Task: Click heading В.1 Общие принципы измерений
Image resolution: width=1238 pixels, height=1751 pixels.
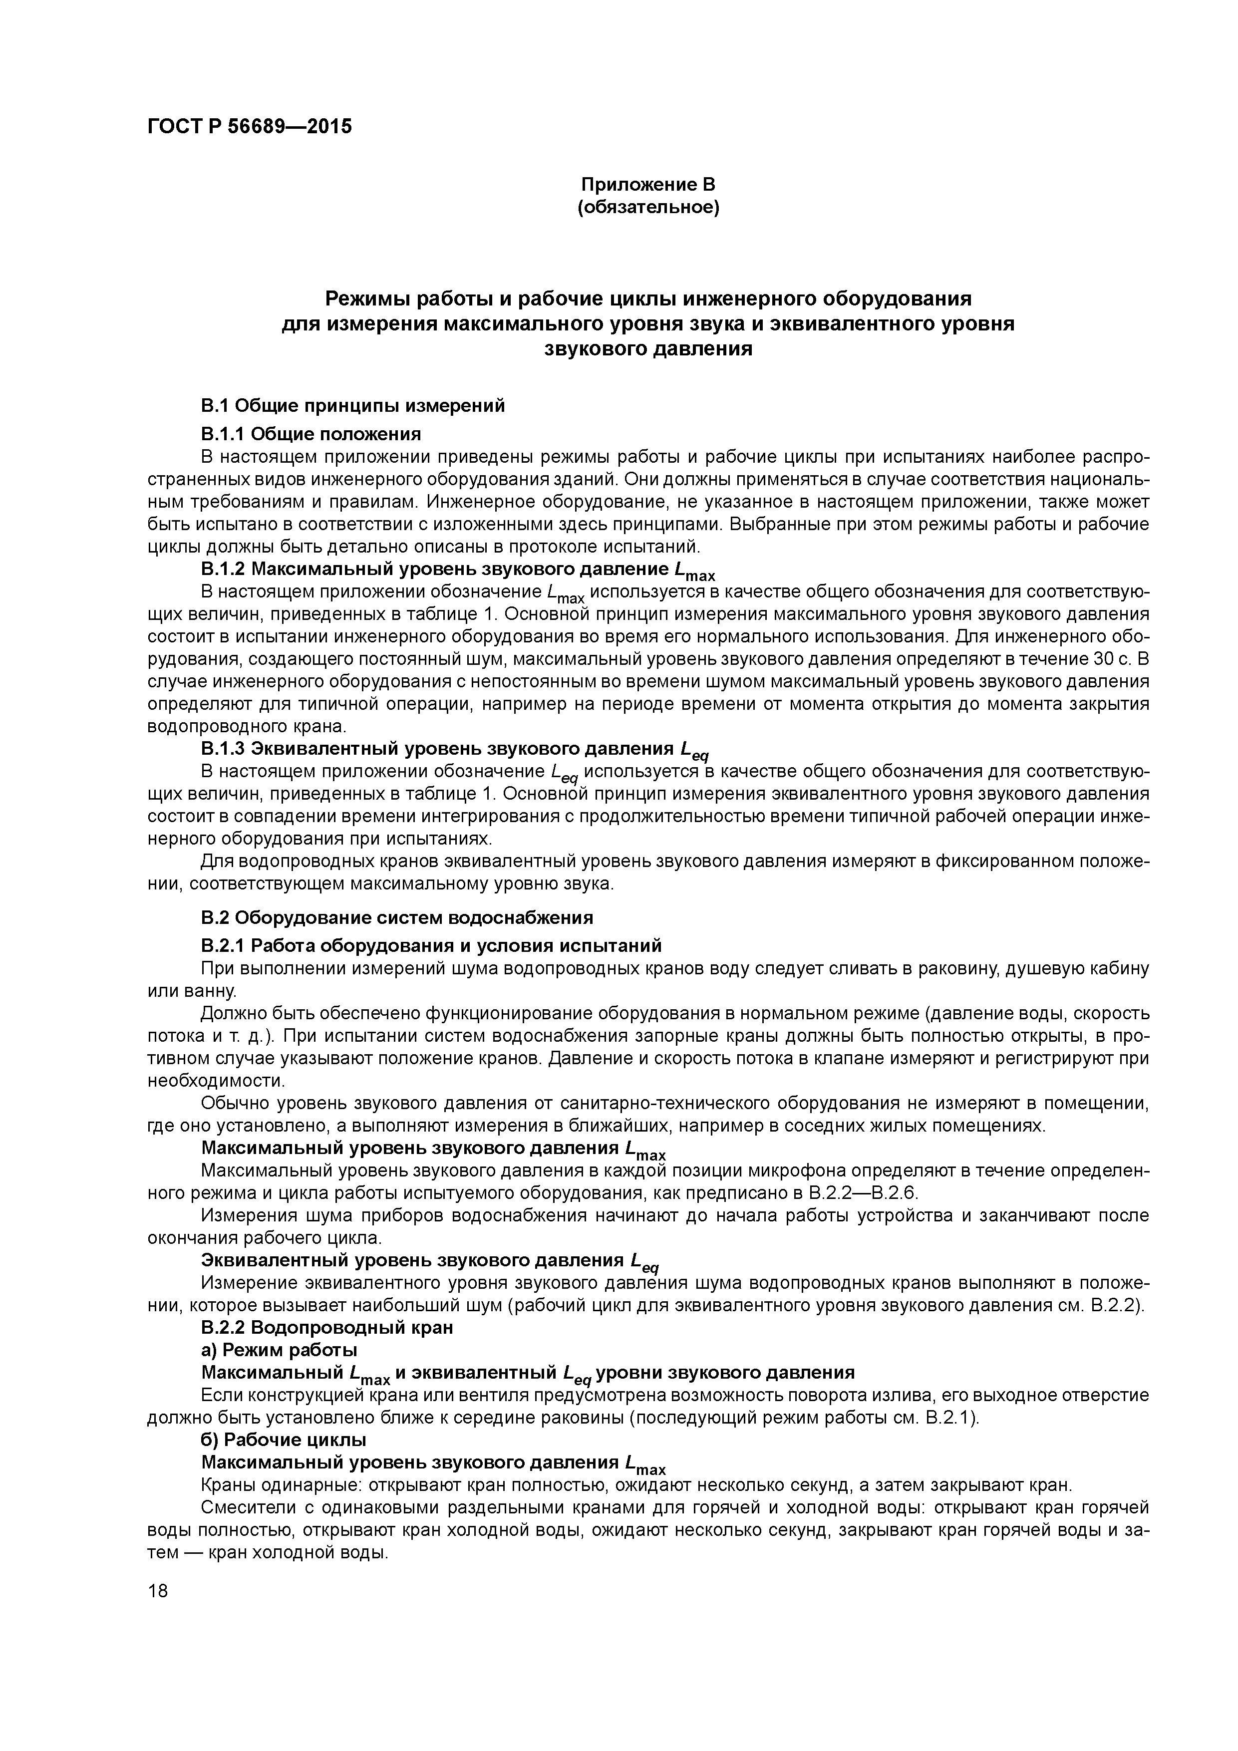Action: pyautogui.click(x=352, y=406)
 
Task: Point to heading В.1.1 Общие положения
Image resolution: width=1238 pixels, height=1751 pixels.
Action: pyautogui.click(x=310, y=434)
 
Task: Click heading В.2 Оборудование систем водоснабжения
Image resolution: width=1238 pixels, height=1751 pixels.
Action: pyautogui.click(x=397, y=917)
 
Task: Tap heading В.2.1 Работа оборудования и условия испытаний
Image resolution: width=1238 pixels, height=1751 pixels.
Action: pyautogui.click(x=431, y=946)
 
